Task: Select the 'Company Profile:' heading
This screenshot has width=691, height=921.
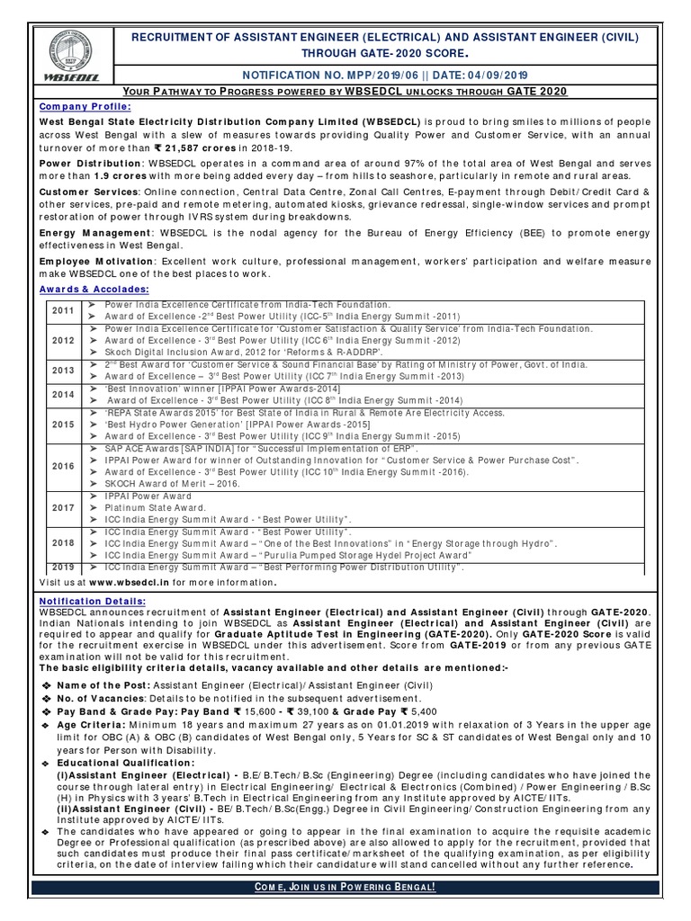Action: click(x=80, y=105)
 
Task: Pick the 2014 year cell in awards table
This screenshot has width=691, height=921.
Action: click(x=63, y=395)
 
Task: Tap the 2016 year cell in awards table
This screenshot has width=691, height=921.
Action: click(x=63, y=466)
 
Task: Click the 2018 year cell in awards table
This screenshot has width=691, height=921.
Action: click(x=63, y=543)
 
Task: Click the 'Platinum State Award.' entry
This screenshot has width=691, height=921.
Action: click(x=156, y=508)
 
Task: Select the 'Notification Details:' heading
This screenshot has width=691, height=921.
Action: click(x=93, y=601)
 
